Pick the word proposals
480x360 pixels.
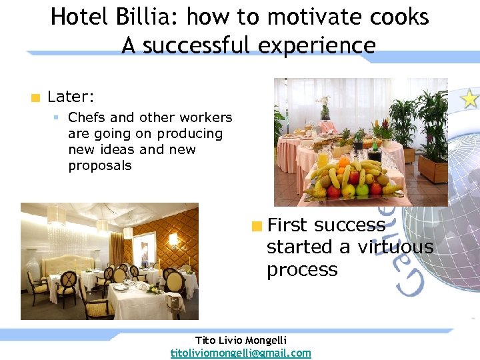[x=100, y=166]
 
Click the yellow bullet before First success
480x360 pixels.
[x=257, y=226]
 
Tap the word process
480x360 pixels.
[x=302, y=270]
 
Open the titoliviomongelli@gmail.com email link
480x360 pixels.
[x=241, y=353]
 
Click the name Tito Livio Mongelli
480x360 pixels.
[x=241, y=340]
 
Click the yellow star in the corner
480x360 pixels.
[x=470, y=99]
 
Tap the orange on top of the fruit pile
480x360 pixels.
[x=344, y=162]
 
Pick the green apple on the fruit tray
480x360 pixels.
[x=363, y=191]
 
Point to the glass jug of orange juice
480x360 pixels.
[x=323, y=159]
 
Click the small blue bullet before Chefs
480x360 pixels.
[x=57, y=118]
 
